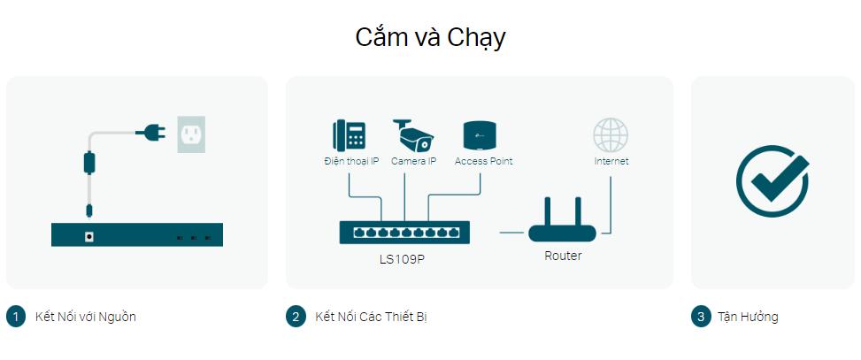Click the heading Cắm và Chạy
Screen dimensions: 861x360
[430, 38]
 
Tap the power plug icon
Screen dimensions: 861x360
[150, 132]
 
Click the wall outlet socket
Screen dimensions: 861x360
[191, 134]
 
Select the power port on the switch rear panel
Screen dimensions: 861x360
[88, 236]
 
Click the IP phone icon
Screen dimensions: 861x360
[350, 135]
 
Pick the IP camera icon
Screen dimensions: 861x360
[413, 135]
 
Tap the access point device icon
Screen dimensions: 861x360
[480, 135]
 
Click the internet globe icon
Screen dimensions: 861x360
[611, 135]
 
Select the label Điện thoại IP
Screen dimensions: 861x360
[351, 161]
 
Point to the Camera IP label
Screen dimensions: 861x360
[413, 161]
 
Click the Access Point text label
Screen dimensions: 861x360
[483, 161]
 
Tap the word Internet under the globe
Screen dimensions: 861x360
[611, 161]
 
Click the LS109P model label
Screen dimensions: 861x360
[402, 259]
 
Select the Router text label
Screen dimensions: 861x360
[563, 256]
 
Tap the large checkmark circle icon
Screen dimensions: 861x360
[772, 180]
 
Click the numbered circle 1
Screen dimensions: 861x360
[16, 317]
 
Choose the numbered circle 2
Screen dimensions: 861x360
[296, 317]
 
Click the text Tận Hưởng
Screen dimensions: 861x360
[748, 317]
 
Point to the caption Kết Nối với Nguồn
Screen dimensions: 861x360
[85, 317]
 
